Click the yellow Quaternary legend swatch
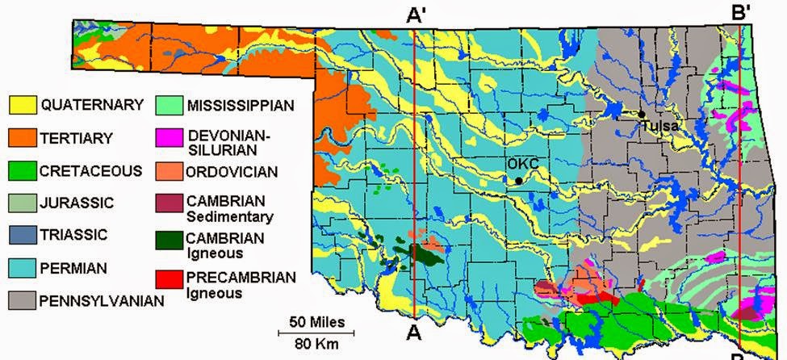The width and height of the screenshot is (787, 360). click(x=23, y=105)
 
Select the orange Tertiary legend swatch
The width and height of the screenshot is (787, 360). click(x=23, y=138)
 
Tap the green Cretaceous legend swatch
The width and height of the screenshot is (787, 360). click(x=23, y=171)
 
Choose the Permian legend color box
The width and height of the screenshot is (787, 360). click(x=23, y=268)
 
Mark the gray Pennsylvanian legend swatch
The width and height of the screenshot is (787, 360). click(x=23, y=300)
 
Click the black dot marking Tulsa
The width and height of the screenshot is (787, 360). click(x=641, y=115)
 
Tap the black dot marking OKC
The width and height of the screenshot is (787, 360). click(x=517, y=182)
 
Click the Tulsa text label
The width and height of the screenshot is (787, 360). click(x=660, y=126)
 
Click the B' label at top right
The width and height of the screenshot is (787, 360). click(x=740, y=14)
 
